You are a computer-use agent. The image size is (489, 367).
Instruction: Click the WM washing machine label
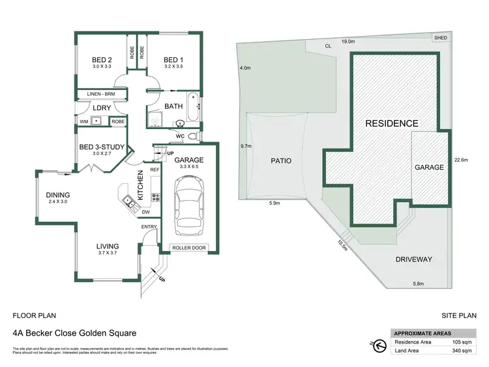[x=84, y=121]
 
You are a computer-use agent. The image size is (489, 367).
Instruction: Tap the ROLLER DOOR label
[x=189, y=248]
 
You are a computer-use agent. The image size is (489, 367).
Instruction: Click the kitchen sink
[x=130, y=200]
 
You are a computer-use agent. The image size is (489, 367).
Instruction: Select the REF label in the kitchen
[x=155, y=169]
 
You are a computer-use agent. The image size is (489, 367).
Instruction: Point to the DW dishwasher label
[x=147, y=212]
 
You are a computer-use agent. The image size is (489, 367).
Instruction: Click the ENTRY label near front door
[x=149, y=227]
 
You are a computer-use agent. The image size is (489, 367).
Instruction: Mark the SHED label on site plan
[x=441, y=38]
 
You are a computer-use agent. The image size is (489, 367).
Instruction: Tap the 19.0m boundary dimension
[x=348, y=41]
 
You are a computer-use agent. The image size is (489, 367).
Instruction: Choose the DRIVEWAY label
[x=413, y=259]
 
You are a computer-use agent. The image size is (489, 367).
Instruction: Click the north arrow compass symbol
[x=379, y=344]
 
